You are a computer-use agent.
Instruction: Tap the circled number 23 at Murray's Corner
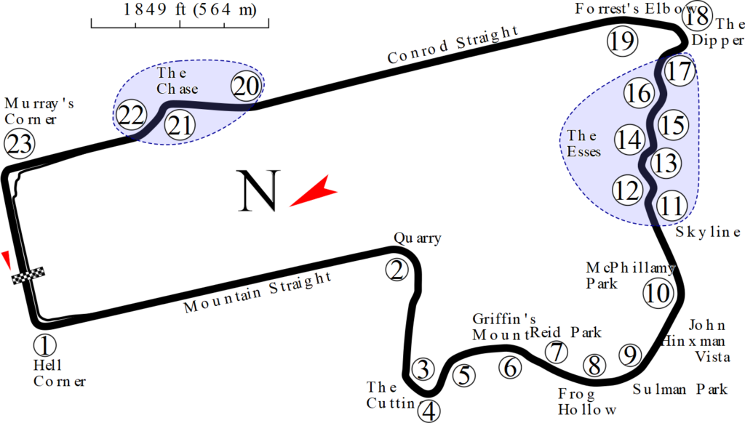pyautogui.click(x=19, y=144)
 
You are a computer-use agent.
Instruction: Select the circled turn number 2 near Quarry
pyautogui.click(x=397, y=270)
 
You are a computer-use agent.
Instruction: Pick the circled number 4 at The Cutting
pyautogui.click(x=430, y=411)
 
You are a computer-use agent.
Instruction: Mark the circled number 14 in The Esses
pyautogui.click(x=630, y=140)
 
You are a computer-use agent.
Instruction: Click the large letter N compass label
pyautogui.click(x=260, y=191)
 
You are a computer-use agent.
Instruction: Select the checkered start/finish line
pyautogui.click(x=28, y=275)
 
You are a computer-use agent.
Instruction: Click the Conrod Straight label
pyautogui.click(x=453, y=44)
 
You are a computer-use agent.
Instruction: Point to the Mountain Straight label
pyautogui.click(x=258, y=291)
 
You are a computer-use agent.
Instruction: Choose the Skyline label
pyautogui.click(x=707, y=232)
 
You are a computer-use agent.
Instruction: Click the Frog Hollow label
pyautogui.click(x=588, y=401)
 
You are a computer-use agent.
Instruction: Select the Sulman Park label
pyautogui.click(x=680, y=389)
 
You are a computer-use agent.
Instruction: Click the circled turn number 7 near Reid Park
pyautogui.click(x=557, y=352)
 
